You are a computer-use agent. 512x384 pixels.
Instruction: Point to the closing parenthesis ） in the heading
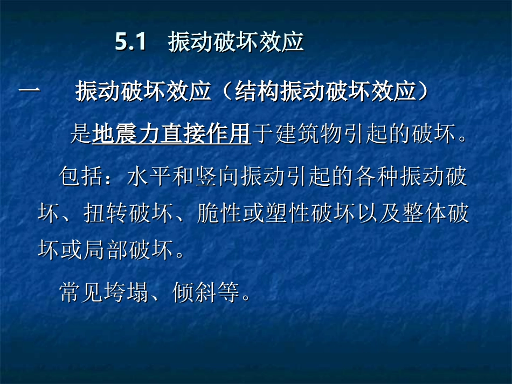pyautogui.click(x=425, y=92)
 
